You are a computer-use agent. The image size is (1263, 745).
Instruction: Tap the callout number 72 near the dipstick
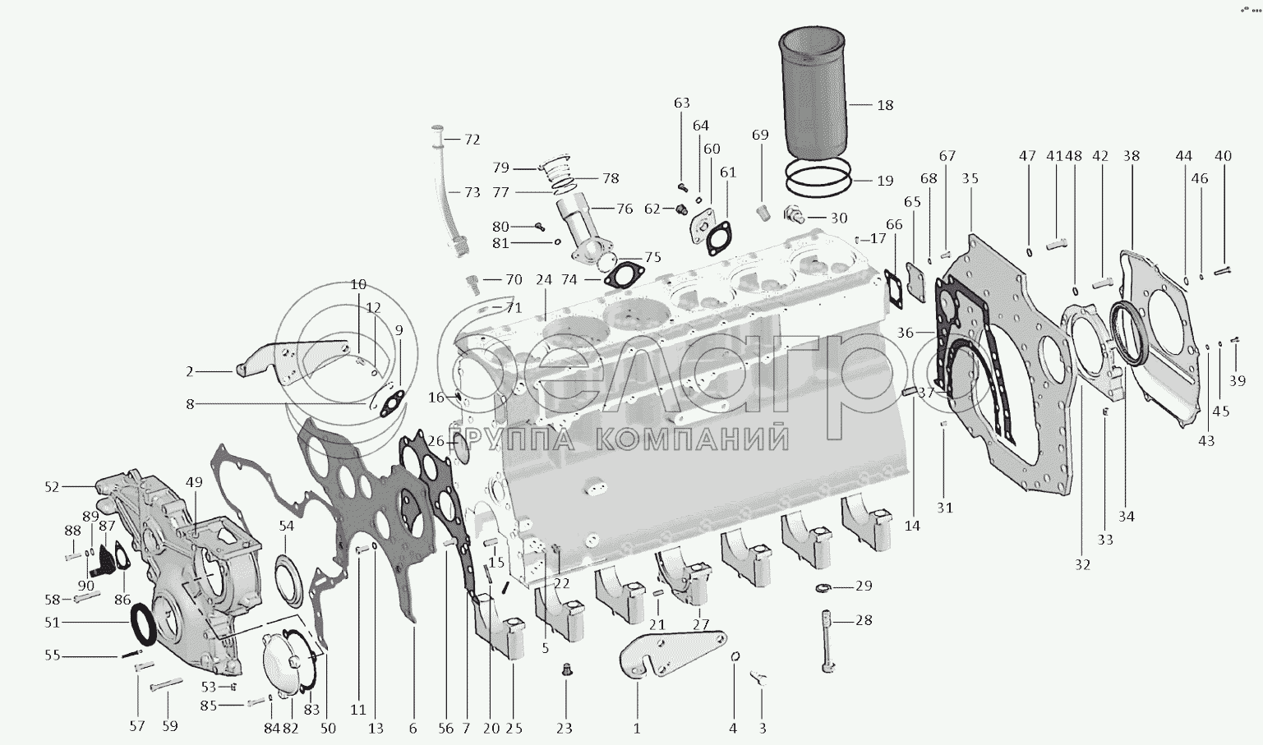472,139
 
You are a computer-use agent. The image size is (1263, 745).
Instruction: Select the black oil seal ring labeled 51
145,623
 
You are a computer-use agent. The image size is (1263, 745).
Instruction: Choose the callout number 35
970,178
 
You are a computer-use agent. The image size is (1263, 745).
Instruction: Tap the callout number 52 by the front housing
52,486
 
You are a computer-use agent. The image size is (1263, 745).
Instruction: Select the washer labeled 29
823,588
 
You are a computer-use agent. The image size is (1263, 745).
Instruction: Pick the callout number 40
1223,156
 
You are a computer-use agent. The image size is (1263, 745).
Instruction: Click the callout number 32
1082,564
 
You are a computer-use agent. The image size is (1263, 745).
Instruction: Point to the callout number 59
170,726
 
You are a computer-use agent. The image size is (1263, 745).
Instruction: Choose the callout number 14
912,526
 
